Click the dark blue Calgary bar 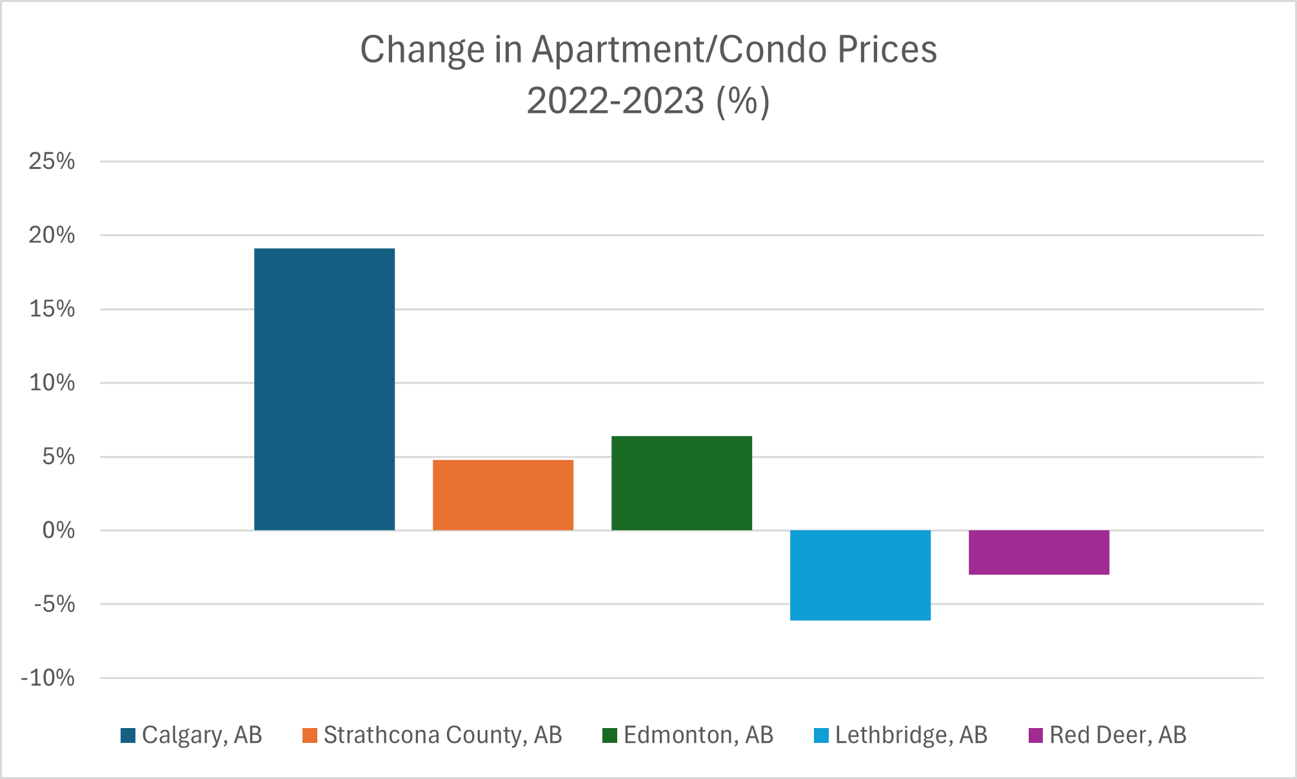(x=324, y=389)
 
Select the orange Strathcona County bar (x=503, y=495)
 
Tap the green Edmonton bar (x=682, y=483)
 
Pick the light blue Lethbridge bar (x=860, y=575)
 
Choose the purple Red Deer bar (x=1039, y=552)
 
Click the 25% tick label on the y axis (x=52, y=161)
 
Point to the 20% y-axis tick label (x=52, y=235)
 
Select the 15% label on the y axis (x=52, y=309)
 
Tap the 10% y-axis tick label (x=52, y=383)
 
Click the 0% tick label (x=58, y=531)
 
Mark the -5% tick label (x=54, y=604)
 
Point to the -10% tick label (x=48, y=678)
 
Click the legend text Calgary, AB (x=202, y=735)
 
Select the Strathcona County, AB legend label (x=442, y=735)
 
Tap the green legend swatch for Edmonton (x=609, y=735)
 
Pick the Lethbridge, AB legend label (x=911, y=735)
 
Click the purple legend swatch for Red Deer (x=1036, y=735)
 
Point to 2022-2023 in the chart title (x=615, y=101)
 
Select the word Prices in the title (x=887, y=50)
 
